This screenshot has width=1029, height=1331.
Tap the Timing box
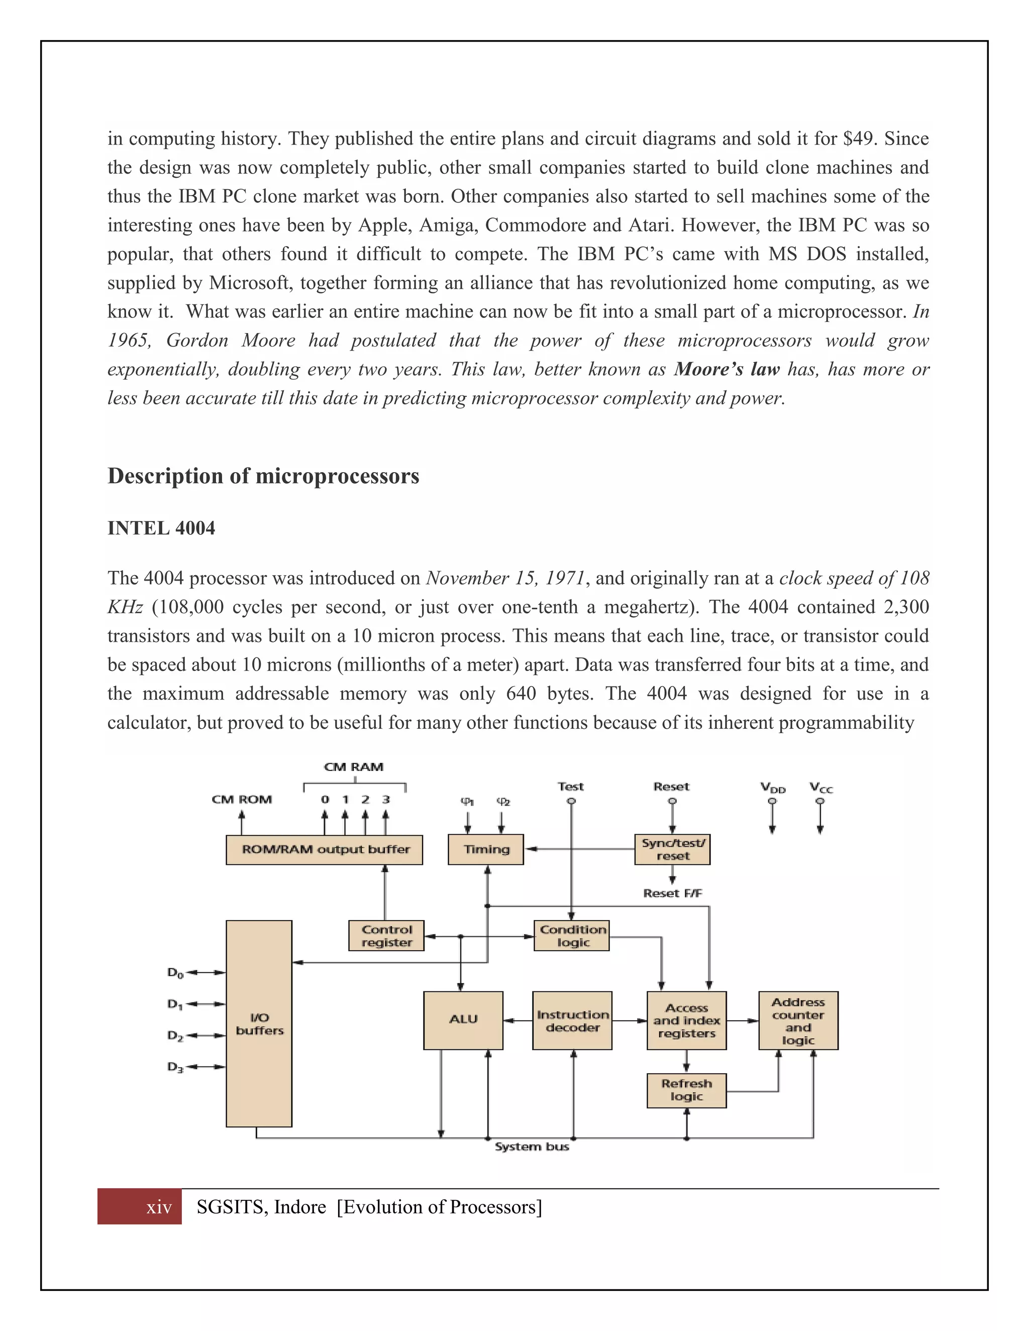click(485, 849)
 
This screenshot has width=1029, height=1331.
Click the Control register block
click(386, 936)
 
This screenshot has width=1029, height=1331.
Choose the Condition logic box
click(572, 936)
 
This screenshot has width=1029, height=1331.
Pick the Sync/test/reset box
click(672, 849)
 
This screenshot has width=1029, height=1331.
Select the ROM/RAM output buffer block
click(324, 849)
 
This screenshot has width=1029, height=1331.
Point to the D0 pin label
click(175, 973)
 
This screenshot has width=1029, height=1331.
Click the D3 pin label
click(175, 1067)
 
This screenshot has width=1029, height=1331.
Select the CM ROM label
click(241, 799)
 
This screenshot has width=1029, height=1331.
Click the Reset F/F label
click(672, 893)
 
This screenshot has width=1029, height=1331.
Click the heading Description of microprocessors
click(263, 476)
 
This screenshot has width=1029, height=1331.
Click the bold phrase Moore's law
click(727, 369)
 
